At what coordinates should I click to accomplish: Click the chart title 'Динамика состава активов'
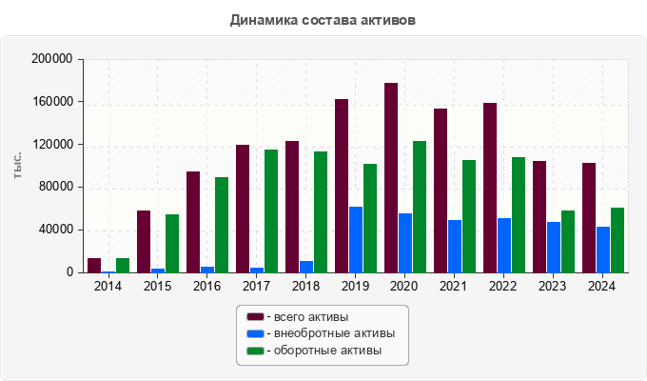click(323, 19)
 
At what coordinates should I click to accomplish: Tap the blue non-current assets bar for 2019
click(356, 240)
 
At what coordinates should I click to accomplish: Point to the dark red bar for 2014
click(94, 266)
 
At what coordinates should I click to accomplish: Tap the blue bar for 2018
click(306, 267)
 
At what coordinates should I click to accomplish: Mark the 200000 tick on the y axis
click(53, 59)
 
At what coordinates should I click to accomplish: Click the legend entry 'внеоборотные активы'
click(327, 333)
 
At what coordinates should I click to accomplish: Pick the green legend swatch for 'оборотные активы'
click(255, 351)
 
